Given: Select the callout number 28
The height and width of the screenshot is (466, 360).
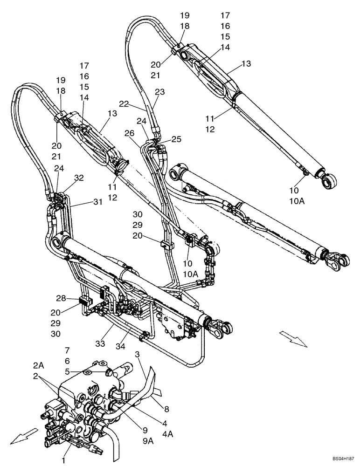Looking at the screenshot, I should click(x=60, y=298).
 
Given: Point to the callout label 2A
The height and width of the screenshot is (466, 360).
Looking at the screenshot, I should click(x=39, y=364).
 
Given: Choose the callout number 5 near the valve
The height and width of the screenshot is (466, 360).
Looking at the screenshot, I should click(x=67, y=372).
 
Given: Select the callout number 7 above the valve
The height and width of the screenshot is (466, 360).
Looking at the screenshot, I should click(x=67, y=349).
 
